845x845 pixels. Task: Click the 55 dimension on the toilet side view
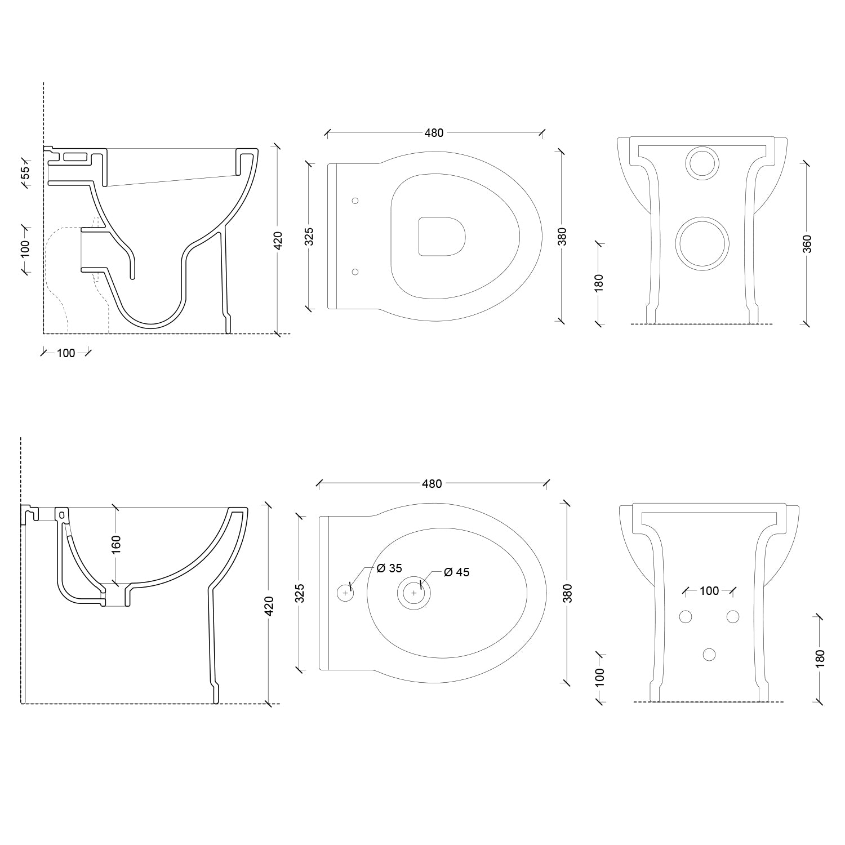coord(25,173)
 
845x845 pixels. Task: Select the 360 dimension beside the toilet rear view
coord(807,243)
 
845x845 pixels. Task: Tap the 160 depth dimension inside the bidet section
coord(115,545)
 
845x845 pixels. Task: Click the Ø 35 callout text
coord(389,568)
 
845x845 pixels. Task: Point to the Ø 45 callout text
coord(456,572)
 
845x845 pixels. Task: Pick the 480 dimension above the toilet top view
coord(434,133)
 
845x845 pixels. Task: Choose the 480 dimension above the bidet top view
coord(432,484)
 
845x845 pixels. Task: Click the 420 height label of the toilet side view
coord(277,240)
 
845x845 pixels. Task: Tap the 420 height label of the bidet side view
coord(269,606)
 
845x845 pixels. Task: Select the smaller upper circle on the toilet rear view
coord(702,163)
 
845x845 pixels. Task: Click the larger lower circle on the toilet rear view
coord(702,243)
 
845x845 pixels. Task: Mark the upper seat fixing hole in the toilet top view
coord(355,201)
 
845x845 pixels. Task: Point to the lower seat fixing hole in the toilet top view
coord(355,272)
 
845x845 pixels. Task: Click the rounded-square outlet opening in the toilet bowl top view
coord(442,237)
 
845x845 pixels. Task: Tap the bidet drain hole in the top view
coord(414,593)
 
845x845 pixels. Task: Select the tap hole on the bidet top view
coord(345,593)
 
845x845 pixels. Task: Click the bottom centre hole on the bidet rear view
coord(709,654)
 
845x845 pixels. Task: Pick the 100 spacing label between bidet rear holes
coord(709,591)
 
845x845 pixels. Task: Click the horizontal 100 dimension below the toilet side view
coord(66,353)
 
